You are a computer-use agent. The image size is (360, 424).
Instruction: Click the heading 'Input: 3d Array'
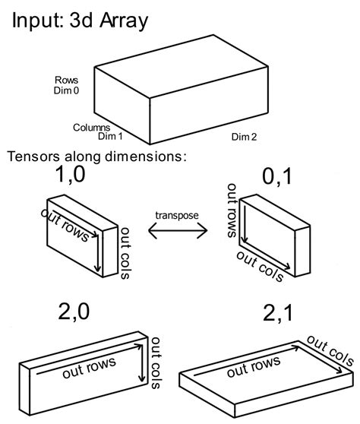[x=80, y=21]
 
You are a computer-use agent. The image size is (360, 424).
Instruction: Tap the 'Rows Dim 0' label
[x=66, y=85]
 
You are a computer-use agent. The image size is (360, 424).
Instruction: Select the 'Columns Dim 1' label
[x=97, y=131]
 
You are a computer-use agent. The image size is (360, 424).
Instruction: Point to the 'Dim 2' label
[x=244, y=137]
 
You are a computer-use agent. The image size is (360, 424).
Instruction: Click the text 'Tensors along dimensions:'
[x=96, y=157]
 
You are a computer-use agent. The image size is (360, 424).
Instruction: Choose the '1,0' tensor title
[x=71, y=175]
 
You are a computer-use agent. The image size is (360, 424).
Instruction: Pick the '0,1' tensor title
[x=277, y=177]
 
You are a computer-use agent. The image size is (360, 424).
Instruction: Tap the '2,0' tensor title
[x=74, y=312]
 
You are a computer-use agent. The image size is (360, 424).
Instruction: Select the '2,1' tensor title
[x=277, y=313]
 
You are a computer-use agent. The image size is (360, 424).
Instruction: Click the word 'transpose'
[x=177, y=215]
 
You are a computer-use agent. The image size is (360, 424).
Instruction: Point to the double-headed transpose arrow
[x=178, y=231]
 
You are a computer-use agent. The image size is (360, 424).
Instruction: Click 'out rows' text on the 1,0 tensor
[x=65, y=225]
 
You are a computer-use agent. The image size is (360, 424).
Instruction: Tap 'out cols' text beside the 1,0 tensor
[x=125, y=253]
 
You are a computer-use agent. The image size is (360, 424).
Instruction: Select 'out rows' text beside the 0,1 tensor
[x=232, y=210]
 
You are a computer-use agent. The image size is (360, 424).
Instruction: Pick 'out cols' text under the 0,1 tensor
[x=261, y=267]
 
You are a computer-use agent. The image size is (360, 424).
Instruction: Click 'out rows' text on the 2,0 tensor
[x=89, y=367]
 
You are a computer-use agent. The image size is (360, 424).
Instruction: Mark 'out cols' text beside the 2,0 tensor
[x=156, y=363]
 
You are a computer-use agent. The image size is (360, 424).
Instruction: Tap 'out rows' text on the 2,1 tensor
[x=254, y=367]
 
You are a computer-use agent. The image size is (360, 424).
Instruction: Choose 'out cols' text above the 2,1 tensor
[x=330, y=350]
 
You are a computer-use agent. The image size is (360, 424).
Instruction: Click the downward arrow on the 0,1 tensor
[x=245, y=224]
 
